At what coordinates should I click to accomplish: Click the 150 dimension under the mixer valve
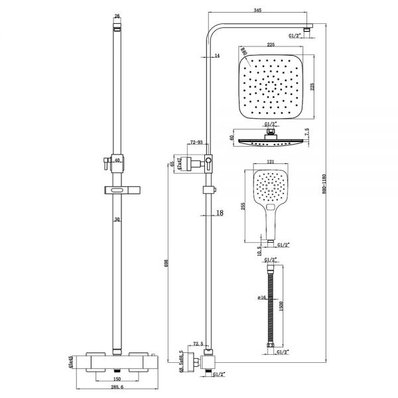tap(117, 373)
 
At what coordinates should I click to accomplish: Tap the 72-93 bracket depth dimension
tap(196, 143)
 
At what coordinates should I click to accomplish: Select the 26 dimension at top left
tap(117, 15)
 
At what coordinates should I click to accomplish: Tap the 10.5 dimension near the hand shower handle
tap(259, 251)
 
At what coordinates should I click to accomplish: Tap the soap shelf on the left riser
tap(118, 191)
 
